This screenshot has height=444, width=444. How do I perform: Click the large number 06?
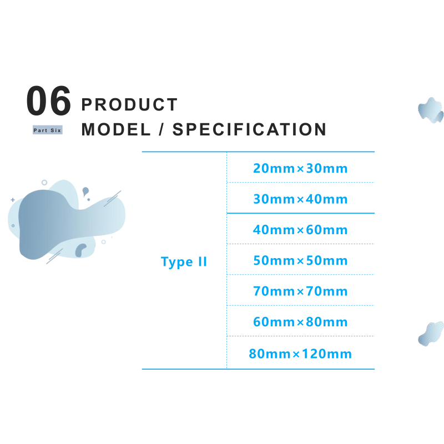pos(48,101)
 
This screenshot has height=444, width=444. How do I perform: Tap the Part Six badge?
pos(48,130)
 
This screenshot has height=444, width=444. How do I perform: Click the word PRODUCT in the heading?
pos(129,104)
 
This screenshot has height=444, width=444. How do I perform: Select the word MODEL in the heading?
pos(116,129)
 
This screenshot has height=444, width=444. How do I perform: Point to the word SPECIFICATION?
pos(249,129)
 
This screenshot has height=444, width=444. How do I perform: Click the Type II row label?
pos(184,262)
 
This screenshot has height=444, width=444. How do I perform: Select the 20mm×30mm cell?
pos(300,168)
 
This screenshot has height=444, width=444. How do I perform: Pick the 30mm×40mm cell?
pos(300,199)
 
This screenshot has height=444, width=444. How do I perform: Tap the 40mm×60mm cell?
pos(300,230)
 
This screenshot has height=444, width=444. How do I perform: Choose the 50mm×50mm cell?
pos(300,260)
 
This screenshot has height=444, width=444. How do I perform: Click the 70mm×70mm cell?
pos(300,291)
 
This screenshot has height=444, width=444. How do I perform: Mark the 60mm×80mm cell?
pos(300,322)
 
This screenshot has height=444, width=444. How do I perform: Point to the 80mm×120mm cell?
pos(300,354)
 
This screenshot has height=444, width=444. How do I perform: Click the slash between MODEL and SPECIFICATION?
pos(162,129)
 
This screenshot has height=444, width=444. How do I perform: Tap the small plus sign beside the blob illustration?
pos(13,200)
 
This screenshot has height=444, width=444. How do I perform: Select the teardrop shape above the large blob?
pos(85,191)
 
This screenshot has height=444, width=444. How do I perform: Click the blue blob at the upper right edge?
pos(431,110)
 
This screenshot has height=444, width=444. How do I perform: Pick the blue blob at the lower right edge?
pos(431,334)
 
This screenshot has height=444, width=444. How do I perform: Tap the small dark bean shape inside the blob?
pos(80,250)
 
